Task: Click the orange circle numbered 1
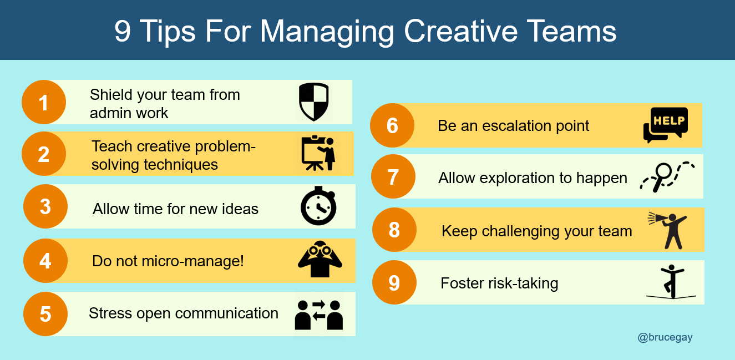coord(44,102)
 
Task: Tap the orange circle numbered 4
coord(45,261)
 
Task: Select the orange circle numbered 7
coord(393,176)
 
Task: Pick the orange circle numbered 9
coord(394,282)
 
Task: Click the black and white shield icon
coord(313,102)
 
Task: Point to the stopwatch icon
coord(318,206)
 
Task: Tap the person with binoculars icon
coord(320,259)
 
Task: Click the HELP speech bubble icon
coord(666,125)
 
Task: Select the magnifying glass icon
coord(662,177)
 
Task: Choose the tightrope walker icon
coord(672,282)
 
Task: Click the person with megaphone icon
coord(667,230)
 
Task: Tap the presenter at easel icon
coord(318,153)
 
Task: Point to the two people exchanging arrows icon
coord(318,315)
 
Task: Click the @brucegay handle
coord(665,337)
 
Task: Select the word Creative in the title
coord(460,31)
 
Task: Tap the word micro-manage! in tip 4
coord(192,261)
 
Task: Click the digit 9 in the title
coord(123,31)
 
